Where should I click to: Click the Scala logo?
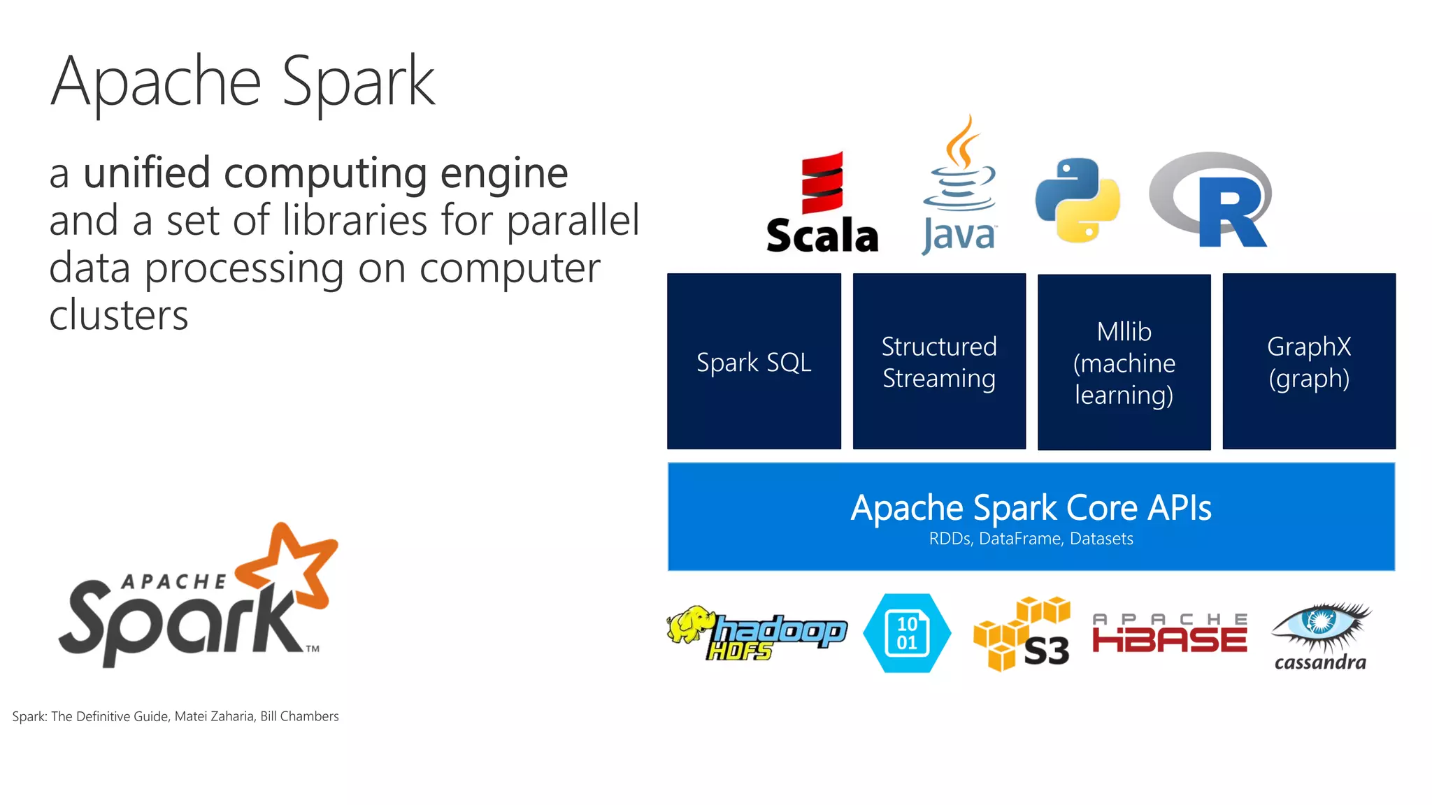[822, 203]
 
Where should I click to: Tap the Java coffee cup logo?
[959, 185]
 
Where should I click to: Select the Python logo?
[1077, 201]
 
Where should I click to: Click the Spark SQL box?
[754, 361]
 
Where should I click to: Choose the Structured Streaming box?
[939, 361]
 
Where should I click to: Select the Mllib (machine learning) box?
[1124, 362]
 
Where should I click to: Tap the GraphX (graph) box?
[1309, 361]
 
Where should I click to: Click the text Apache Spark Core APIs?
[1031, 508]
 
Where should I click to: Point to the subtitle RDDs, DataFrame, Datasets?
[1031, 539]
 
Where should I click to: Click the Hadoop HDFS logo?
[757, 633]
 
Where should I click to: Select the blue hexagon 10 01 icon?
[907, 633]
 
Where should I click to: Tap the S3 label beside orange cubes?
[1046, 651]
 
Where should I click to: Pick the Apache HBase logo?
[1170, 634]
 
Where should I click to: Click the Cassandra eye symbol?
[1320, 622]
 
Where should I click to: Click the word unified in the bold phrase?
[147, 173]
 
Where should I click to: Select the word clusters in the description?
[119, 315]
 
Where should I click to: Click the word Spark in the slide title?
[358, 82]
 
